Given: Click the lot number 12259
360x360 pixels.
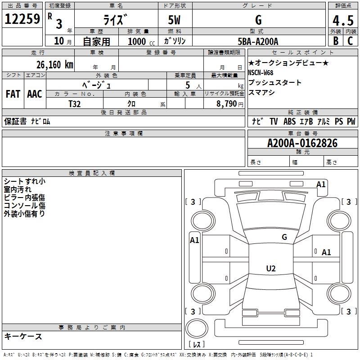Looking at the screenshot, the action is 22,19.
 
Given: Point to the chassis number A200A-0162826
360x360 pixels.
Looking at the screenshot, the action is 302,143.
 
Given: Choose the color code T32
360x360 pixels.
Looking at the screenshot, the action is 74,103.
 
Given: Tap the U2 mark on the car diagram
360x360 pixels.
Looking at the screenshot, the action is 270,269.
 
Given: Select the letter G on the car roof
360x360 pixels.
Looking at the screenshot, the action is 284,237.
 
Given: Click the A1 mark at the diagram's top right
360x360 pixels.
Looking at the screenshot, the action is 321,184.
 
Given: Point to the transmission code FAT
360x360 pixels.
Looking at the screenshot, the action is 13,94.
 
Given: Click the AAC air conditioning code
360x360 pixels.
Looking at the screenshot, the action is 35,94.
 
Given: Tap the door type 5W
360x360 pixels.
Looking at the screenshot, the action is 175,21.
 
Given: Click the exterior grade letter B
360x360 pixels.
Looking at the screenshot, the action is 335,41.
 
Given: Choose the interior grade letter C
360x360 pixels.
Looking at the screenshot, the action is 350,41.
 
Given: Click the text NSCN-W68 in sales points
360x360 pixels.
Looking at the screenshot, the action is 261,72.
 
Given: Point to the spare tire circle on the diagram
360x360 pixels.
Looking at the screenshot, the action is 197,327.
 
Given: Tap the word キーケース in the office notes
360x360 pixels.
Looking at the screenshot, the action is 23,336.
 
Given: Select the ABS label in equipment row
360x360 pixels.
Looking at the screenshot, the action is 289,121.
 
